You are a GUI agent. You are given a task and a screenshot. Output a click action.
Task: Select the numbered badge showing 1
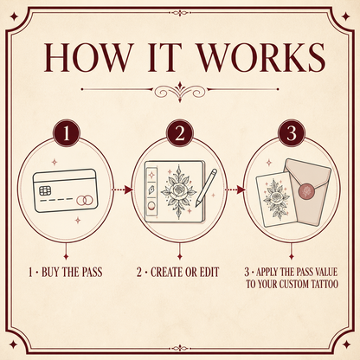pos(67,133)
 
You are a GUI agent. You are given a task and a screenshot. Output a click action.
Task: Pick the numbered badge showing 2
pos(180,133)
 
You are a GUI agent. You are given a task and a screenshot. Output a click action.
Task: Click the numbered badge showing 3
pos(292,133)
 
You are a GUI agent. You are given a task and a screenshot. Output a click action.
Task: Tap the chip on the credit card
pos(45,190)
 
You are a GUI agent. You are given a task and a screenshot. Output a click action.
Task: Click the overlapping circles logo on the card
pos(85,200)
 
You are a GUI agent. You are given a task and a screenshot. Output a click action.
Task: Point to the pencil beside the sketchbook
pos(206,188)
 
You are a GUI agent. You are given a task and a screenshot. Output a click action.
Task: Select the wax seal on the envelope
pos(307,191)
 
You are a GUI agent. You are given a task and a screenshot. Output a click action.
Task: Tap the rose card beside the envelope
pos(276,200)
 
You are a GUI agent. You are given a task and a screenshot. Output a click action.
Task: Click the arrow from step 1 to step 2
pos(122,190)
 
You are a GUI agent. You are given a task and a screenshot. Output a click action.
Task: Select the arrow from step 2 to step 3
pos(235,190)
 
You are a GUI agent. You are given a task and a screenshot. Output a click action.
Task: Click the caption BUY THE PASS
pos(72,273)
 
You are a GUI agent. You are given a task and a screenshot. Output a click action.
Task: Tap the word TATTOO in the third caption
pos(324,284)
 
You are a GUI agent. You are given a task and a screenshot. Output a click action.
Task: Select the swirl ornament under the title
pos(180,92)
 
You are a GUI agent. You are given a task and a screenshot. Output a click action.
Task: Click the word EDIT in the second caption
pos(209,273)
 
